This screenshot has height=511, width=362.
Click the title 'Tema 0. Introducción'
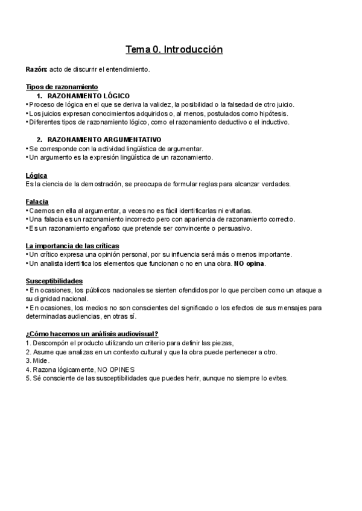174,49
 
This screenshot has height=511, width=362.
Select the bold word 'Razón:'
36,70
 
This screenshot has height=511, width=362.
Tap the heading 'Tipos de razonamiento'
62,87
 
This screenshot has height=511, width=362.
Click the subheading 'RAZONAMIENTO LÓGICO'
88,96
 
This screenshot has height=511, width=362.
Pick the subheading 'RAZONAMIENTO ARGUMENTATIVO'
104,140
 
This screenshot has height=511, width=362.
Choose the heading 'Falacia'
37,201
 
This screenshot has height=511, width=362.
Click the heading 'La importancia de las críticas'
72,245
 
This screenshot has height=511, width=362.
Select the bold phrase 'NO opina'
249,263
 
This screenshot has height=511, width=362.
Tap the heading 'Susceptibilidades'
54,281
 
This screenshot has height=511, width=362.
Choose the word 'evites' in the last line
278,378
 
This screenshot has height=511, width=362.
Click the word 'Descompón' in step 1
51,343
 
